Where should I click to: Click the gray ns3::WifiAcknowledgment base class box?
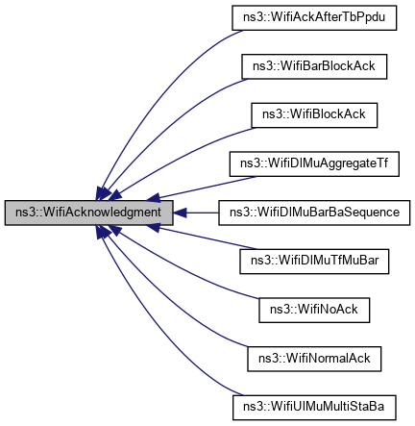point(89,211)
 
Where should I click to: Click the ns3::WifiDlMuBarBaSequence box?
point(315,211)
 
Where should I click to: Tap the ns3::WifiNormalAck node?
point(315,357)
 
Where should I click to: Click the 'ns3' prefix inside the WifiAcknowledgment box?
point(20,211)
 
